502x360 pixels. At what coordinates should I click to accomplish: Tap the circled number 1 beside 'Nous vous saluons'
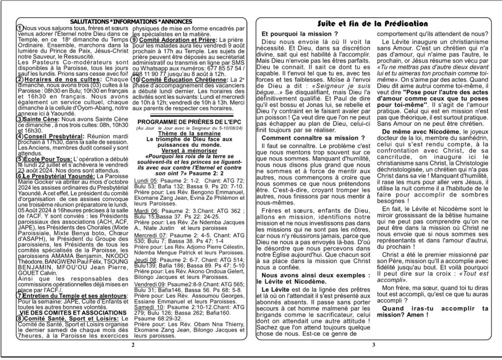point(19,29)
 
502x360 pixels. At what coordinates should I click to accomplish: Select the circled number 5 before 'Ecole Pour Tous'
point(19,159)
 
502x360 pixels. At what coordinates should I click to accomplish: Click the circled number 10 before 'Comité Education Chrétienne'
point(136,79)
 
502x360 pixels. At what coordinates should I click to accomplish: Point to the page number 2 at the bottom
point(132,345)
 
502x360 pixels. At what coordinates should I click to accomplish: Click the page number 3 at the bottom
point(374,345)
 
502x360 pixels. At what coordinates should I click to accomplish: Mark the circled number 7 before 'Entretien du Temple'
point(19,296)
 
